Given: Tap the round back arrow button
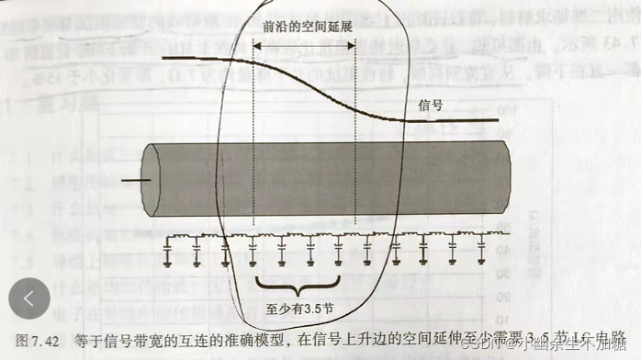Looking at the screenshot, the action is (x=30, y=298).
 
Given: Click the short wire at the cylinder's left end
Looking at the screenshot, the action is (x=134, y=180).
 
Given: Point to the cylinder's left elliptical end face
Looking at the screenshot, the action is (x=152, y=180).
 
